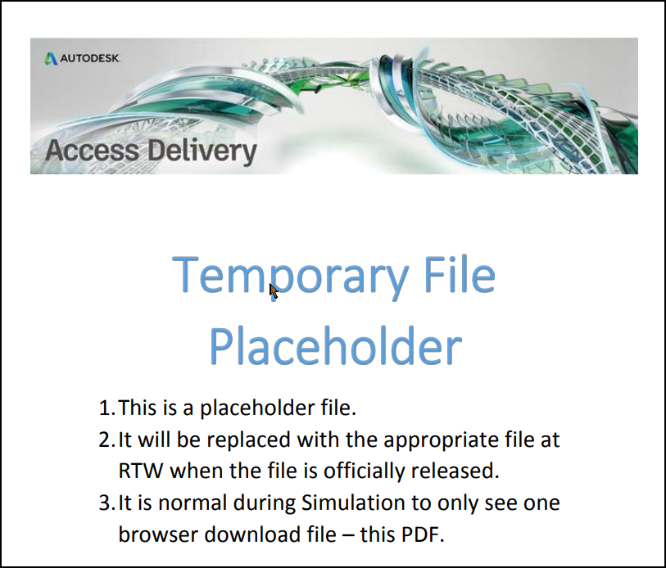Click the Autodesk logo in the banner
click(82, 58)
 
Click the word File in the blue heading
click(460, 276)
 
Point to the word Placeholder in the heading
click(335, 346)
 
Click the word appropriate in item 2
click(428, 440)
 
